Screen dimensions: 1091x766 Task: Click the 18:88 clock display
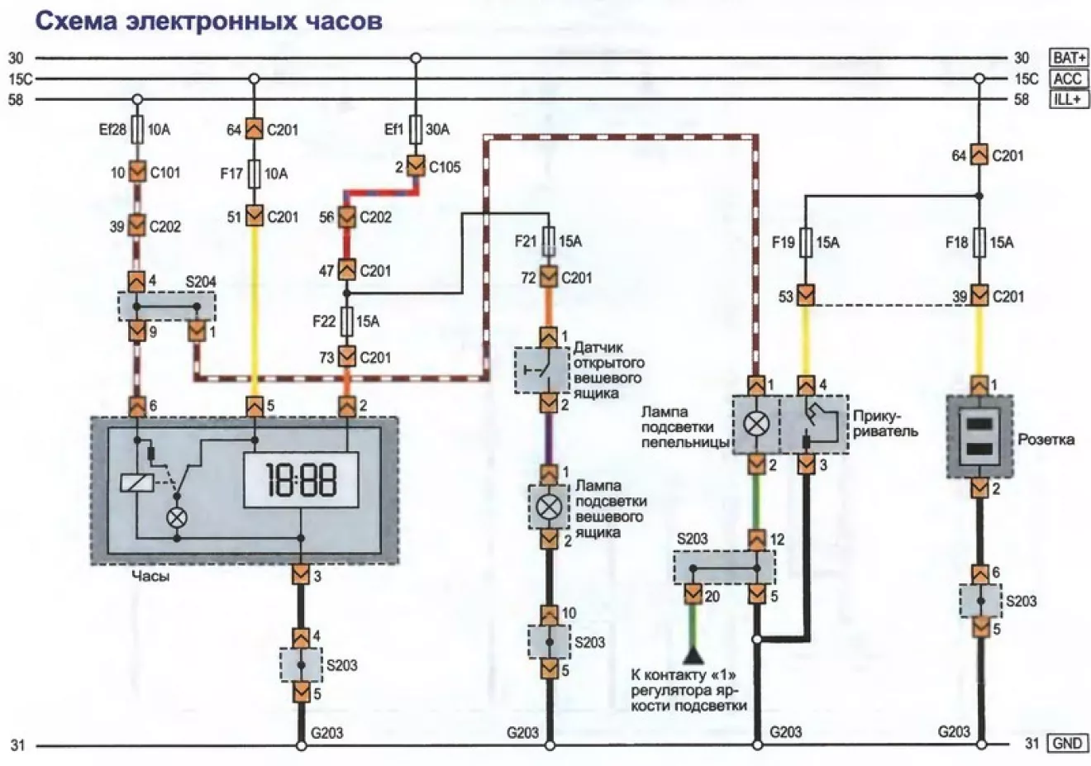tap(301, 479)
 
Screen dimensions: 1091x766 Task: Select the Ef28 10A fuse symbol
tap(138, 130)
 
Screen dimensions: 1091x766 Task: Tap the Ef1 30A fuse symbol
tap(416, 130)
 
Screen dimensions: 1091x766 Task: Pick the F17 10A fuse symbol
tap(254, 174)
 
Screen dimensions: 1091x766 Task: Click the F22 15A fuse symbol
tap(346, 321)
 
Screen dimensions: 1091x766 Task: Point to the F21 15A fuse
tap(549, 241)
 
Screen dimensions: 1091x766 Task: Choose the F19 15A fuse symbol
tap(805, 242)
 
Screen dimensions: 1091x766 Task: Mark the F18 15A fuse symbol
tap(979, 242)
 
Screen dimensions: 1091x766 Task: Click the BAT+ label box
tap(1068, 58)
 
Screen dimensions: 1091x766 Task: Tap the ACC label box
tap(1068, 79)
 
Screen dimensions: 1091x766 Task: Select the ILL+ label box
tap(1068, 99)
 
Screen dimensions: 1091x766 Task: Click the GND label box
tap(1068, 743)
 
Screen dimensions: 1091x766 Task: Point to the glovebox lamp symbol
tap(549, 507)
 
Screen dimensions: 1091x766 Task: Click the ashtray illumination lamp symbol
tap(756, 424)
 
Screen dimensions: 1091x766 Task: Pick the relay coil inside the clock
tap(137, 483)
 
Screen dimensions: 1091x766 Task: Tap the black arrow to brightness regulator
tap(693, 655)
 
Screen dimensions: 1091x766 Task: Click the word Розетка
tap(1046, 440)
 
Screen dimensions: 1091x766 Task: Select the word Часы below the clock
tap(150, 577)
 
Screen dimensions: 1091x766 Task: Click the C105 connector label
tap(444, 167)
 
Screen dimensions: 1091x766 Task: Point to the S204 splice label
tap(201, 282)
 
